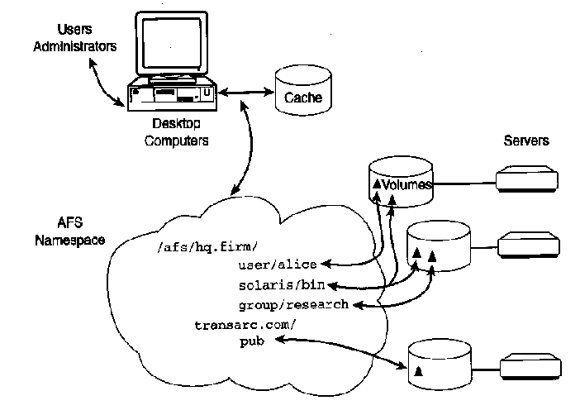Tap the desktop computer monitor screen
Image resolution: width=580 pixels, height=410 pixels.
tap(172, 43)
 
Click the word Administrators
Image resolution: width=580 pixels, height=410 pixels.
tap(74, 46)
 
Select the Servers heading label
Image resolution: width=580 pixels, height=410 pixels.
tap(526, 141)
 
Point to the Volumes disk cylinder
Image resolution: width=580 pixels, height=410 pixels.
tap(401, 182)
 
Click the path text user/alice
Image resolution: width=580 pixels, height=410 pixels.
tap(278, 265)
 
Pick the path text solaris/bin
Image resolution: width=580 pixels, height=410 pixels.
tap(282, 285)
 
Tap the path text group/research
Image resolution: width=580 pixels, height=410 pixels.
tap(293, 305)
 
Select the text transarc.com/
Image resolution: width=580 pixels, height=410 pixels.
tap(245, 325)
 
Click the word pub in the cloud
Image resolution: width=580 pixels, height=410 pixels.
tap(252, 341)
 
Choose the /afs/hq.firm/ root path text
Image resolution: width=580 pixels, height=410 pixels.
tap(207, 247)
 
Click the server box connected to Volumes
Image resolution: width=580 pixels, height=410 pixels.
tap(527, 179)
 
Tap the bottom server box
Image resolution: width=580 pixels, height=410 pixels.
tap(530, 367)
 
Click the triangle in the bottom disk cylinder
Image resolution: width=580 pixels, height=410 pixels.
tap(418, 371)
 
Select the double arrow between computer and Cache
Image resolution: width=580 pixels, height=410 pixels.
tap(246, 92)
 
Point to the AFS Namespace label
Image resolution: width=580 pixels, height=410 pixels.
tap(70, 231)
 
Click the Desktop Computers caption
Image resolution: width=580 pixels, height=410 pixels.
tap(177, 132)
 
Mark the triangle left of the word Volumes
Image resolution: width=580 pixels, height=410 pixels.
tap(377, 184)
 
